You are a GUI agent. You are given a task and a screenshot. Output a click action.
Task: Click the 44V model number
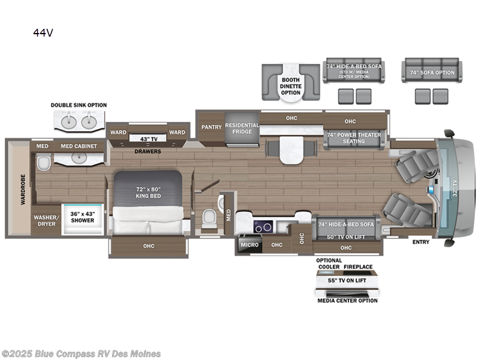click(x=43, y=34)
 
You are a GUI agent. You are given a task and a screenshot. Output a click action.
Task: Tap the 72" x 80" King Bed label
click(x=148, y=192)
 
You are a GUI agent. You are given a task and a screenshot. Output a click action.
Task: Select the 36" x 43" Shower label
click(x=83, y=217)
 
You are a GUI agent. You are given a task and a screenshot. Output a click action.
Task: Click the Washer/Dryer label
click(x=44, y=220)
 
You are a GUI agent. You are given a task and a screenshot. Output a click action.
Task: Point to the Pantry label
click(x=211, y=127)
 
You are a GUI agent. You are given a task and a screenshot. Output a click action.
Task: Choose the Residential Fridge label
click(x=242, y=129)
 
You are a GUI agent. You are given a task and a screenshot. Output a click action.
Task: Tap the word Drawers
click(x=147, y=152)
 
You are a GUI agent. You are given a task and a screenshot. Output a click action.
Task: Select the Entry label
click(x=420, y=241)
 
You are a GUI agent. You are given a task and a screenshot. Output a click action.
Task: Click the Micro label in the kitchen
click(x=249, y=245)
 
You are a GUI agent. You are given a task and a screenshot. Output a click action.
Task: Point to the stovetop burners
click(x=264, y=226)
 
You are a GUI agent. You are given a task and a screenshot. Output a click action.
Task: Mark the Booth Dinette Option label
click(x=291, y=86)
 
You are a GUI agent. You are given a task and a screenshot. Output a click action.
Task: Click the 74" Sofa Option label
click(x=432, y=73)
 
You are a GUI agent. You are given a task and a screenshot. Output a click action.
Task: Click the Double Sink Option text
click(x=79, y=105)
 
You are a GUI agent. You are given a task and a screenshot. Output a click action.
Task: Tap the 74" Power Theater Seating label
click(x=354, y=138)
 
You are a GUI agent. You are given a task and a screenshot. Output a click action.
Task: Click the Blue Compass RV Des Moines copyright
click(x=81, y=354)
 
